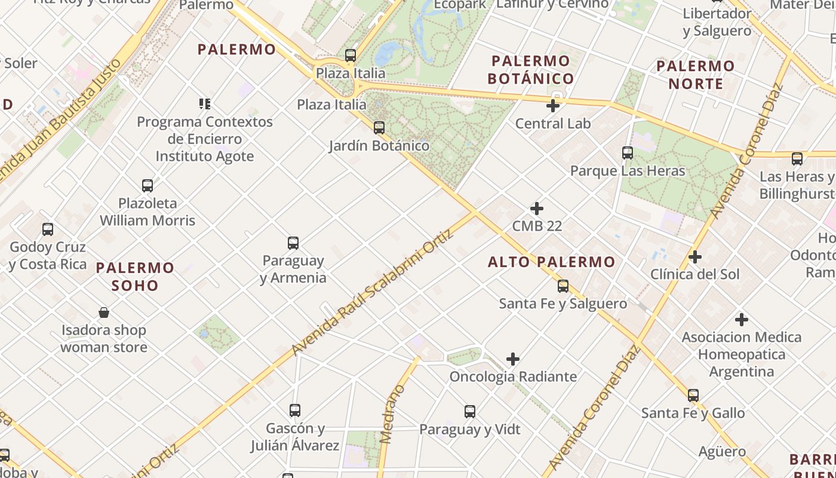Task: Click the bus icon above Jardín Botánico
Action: click(x=379, y=127)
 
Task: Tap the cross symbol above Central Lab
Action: click(x=553, y=106)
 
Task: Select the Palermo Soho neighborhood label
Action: click(x=135, y=276)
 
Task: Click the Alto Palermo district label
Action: click(x=551, y=262)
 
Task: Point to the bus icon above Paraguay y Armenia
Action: click(x=293, y=243)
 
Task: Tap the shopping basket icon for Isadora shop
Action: click(x=104, y=312)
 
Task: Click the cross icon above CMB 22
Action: click(x=537, y=209)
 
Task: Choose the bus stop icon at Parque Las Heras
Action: click(x=628, y=153)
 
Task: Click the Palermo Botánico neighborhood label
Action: click(x=530, y=69)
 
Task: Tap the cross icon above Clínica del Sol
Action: click(x=695, y=257)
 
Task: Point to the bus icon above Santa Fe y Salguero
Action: click(x=563, y=286)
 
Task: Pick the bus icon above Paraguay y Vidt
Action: click(x=470, y=412)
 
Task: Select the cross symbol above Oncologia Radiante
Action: click(x=513, y=359)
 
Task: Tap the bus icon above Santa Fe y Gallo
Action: click(x=693, y=396)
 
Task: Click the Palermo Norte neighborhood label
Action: click(x=696, y=74)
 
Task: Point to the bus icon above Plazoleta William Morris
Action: click(x=147, y=186)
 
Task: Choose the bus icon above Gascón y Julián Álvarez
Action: click(x=295, y=410)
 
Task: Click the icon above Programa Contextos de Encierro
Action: click(x=205, y=104)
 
